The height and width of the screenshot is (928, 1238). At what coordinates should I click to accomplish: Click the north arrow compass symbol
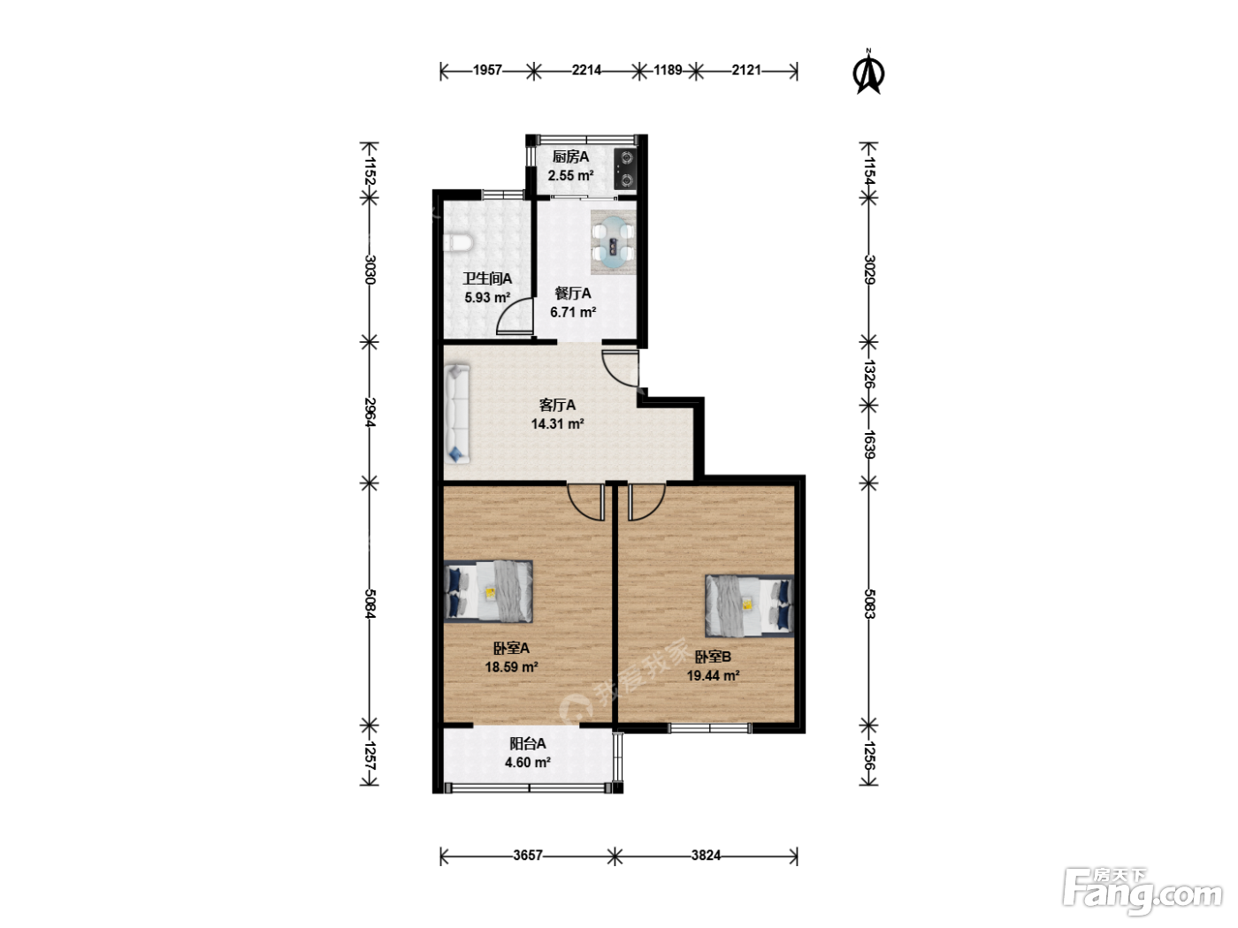pyautogui.click(x=869, y=72)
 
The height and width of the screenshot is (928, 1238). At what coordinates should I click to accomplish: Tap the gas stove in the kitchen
pyautogui.click(x=625, y=169)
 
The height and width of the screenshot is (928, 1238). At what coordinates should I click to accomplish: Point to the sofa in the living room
pyautogui.click(x=457, y=415)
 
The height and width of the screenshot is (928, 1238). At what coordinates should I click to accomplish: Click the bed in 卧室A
pyautogui.click(x=488, y=591)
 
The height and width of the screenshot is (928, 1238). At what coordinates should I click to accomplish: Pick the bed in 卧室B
pyautogui.click(x=750, y=605)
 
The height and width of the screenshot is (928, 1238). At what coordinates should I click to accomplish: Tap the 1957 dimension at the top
pyautogui.click(x=487, y=70)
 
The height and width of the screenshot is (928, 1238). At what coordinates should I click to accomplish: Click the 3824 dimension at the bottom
pyautogui.click(x=706, y=856)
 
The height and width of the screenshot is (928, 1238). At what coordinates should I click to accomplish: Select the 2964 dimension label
pyautogui.click(x=370, y=413)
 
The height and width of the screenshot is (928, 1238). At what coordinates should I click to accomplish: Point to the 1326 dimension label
pyautogui.click(x=868, y=374)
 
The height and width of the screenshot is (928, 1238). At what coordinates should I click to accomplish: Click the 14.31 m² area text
pyautogui.click(x=557, y=423)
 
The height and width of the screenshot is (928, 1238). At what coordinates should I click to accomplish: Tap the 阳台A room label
pyautogui.click(x=528, y=744)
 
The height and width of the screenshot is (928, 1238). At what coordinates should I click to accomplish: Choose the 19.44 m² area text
pyautogui.click(x=713, y=675)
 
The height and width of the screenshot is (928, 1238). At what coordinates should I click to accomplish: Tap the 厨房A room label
pyautogui.click(x=570, y=156)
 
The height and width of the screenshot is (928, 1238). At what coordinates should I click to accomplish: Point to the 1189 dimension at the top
pyautogui.click(x=668, y=70)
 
